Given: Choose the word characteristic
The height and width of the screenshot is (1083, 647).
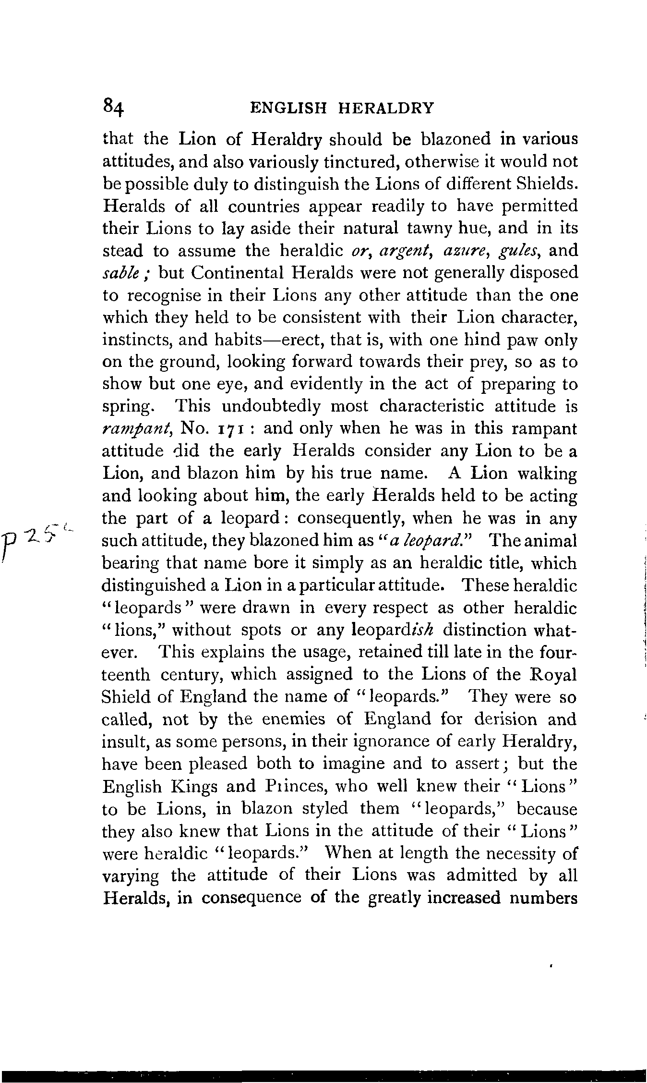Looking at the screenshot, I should (442, 406).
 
